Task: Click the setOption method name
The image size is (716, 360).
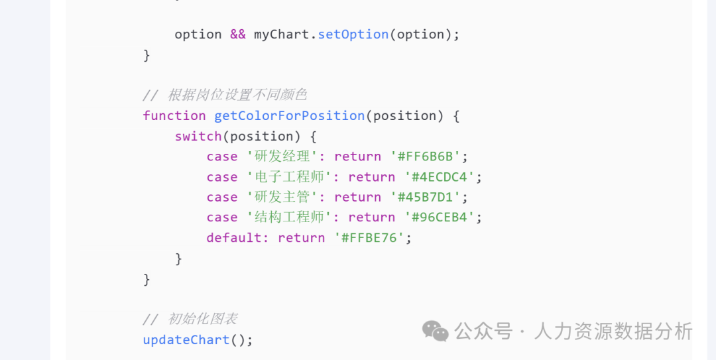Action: pos(353,34)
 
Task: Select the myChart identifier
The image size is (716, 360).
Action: pos(281,34)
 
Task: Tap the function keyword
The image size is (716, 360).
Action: pos(174,115)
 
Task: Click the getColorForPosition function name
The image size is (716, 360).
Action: pos(289,115)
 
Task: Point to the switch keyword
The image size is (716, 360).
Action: pos(198,136)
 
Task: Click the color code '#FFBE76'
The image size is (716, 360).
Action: pos(369,238)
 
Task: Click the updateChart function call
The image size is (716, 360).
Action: pos(186,339)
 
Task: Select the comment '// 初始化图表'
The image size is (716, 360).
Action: pos(190,319)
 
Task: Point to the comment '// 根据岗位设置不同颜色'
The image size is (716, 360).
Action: pos(225,95)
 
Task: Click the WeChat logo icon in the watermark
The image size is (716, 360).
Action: pos(436,330)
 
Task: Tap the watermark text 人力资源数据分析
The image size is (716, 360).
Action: pos(613,331)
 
